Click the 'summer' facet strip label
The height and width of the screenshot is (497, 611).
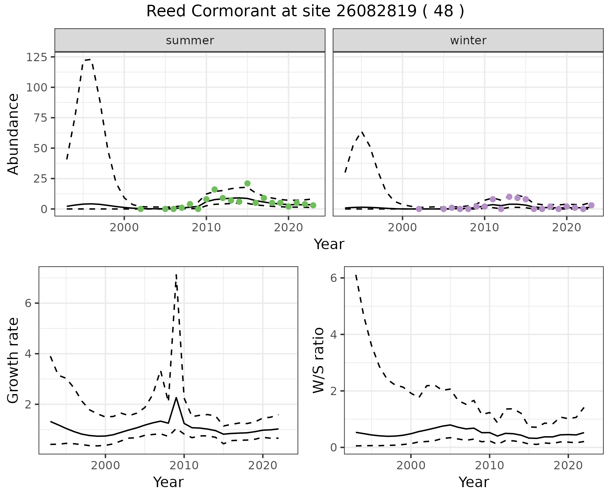coord(190,40)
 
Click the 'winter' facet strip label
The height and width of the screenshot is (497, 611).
coord(468,40)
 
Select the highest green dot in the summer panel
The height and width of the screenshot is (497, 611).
coord(247,183)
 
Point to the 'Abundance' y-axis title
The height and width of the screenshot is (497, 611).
coord(13,134)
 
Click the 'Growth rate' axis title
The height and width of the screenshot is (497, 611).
coord(13,360)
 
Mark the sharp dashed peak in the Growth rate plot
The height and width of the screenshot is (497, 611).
coord(176,275)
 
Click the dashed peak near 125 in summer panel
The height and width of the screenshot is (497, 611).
coord(88,59)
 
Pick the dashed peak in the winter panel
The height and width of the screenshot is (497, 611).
coord(362,132)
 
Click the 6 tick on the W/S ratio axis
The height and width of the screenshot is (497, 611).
coord(334,278)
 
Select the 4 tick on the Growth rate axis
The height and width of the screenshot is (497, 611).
coord(28,354)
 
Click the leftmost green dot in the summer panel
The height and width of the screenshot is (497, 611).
coord(140,209)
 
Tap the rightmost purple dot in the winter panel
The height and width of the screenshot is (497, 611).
coord(591,205)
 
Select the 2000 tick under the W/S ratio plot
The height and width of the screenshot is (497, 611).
coord(411,466)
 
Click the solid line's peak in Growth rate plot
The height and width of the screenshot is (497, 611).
coord(176,398)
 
